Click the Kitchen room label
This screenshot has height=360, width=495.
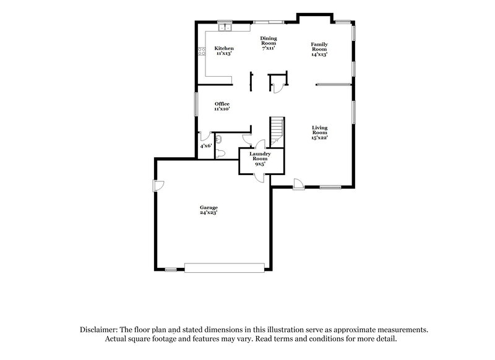tap(223, 48)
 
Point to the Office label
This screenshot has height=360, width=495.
tap(222, 103)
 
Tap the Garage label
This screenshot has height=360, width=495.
tap(208, 207)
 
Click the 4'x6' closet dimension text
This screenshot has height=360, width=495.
tap(206, 146)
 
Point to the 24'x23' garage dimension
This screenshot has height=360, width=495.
tap(208, 213)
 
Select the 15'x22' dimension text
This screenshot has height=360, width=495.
tap(319, 138)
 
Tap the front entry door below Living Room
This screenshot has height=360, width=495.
tap(297, 184)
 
